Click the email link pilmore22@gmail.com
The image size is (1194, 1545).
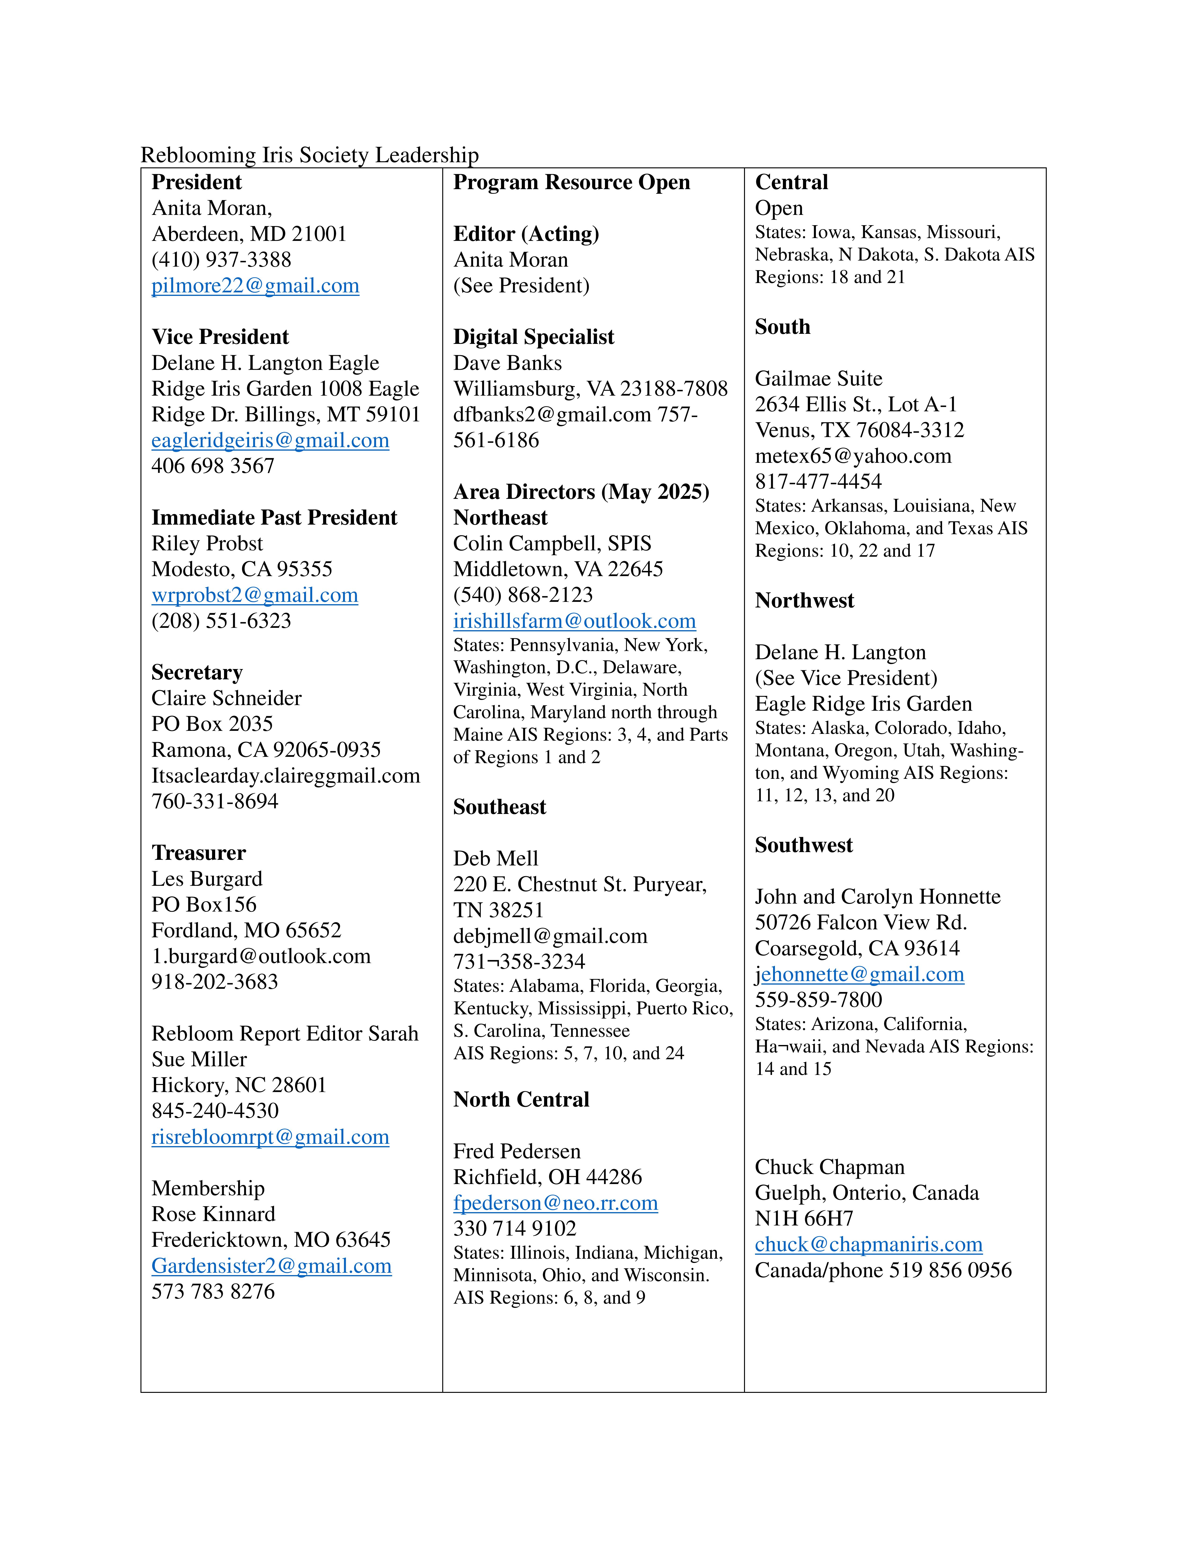[x=255, y=286]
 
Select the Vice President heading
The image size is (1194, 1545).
[x=220, y=337]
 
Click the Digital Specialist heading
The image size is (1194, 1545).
[x=533, y=337]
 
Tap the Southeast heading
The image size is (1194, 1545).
[x=499, y=807]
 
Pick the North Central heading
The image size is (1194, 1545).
[x=521, y=1099]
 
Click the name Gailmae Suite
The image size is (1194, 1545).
[x=818, y=379]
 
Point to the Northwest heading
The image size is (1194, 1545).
[x=804, y=601]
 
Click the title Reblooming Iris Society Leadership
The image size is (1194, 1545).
[x=310, y=155]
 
